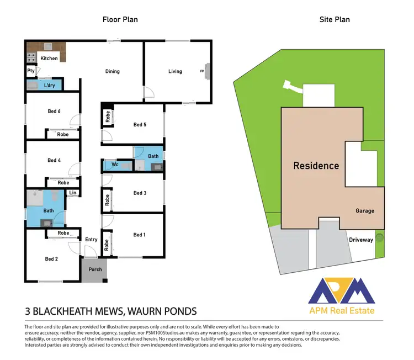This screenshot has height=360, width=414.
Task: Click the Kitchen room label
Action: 49,59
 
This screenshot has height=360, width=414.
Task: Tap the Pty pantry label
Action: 31,71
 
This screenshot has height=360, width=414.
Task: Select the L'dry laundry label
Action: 51,86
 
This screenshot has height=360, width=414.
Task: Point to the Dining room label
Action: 113,71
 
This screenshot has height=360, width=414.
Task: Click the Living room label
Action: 175,71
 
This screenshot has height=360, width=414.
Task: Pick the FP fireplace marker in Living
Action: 202,71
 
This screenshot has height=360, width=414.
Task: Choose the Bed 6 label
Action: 54,112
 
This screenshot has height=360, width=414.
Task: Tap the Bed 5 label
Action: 140,125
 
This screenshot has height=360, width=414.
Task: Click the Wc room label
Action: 115,165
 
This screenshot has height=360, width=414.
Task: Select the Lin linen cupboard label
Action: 72,193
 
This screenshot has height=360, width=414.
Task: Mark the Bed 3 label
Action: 140,193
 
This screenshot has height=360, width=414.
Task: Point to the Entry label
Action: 91,239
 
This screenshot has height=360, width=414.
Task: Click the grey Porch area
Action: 92,270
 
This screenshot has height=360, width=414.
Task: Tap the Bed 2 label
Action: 51,258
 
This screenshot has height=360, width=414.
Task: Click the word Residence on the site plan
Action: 316,165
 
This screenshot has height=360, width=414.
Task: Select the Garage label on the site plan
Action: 365,211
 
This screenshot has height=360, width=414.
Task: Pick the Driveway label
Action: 361,240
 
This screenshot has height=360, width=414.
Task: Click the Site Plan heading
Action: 335,20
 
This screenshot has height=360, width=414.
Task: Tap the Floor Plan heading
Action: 120,20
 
